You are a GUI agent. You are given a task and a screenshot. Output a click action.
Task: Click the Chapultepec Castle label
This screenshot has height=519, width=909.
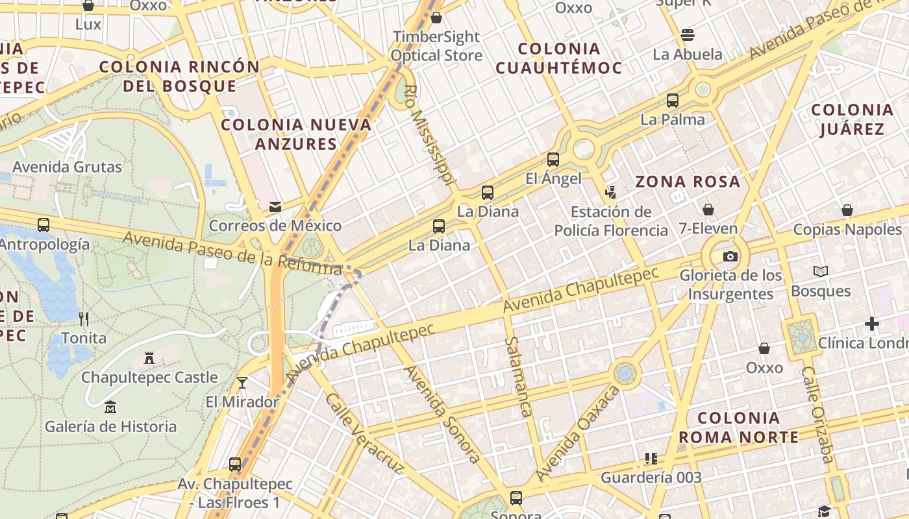pyautogui.click(x=149, y=377)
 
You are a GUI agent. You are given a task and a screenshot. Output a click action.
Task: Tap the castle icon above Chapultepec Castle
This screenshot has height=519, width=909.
pyautogui.click(x=149, y=357)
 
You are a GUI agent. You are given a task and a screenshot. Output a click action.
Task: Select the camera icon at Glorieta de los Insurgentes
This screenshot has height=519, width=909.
pyautogui.click(x=730, y=256)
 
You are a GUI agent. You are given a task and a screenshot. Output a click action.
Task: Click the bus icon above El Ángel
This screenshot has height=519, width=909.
pyautogui.click(x=553, y=159)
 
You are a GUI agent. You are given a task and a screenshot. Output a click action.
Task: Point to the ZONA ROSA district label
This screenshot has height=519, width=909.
pyautogui.click(x=688, y=182)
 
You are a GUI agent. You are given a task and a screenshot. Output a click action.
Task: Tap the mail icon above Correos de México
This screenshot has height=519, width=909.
pyautogui.click(x=275, y=207)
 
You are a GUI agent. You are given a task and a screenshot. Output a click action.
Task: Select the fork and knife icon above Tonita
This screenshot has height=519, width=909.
pyautogui.click(x=84, y=319)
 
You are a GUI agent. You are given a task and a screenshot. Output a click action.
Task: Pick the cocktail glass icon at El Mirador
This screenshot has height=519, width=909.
pyautogui.click(x=242, y=383)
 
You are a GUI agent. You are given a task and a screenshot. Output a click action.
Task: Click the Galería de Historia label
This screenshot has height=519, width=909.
pyautogui.click(x=110, y=426)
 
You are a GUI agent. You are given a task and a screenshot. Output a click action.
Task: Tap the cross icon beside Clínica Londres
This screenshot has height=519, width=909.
pyautogui.click(x=872, y=323)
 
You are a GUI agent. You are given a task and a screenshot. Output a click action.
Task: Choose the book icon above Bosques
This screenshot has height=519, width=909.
pyautogui.click(x=821, y=271)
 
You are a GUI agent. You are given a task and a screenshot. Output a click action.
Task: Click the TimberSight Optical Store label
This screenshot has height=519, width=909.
pyautogui.click(x=436, y=46)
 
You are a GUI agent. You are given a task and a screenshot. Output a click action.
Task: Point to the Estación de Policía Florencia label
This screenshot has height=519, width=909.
pyautogui.click(x=611, y=221)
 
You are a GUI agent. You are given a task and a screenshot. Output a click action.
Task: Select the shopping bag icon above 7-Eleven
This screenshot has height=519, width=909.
pyautogui.click(x=708, y=209)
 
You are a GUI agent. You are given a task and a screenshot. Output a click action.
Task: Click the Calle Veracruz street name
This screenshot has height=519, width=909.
pyautogui.click(x=364, y=433)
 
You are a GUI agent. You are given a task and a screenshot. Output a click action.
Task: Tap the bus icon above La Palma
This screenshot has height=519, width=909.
pyautogui.click(x=673, y=101)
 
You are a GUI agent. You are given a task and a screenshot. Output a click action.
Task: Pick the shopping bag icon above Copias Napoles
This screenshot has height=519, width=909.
pyautogui.click(x=847, y=210)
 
